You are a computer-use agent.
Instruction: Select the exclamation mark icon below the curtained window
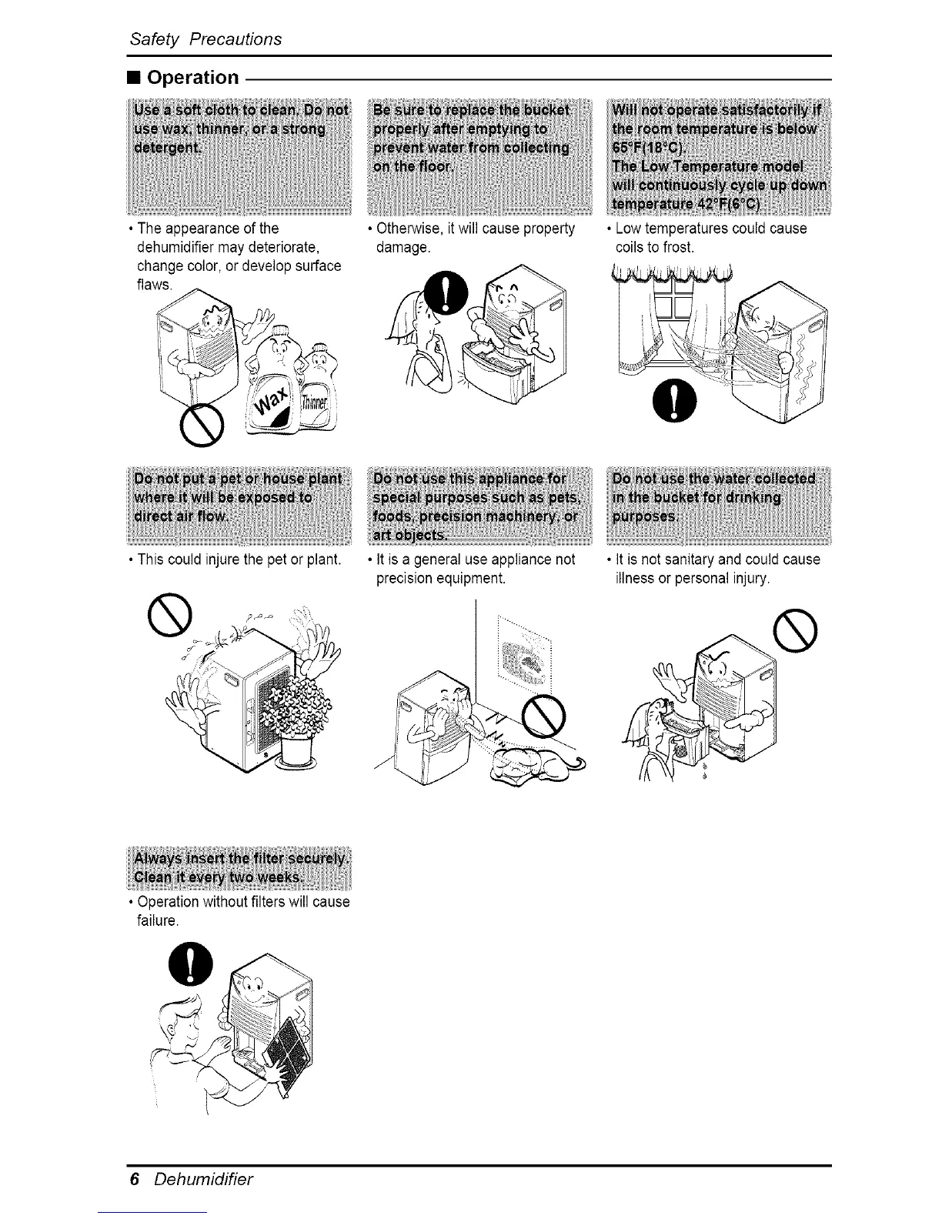click(678, 400)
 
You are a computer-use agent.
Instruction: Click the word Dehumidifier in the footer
click(202, 1179)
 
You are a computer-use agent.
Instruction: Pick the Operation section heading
click(192, 78)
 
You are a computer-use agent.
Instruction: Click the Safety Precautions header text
click(205, 38)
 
